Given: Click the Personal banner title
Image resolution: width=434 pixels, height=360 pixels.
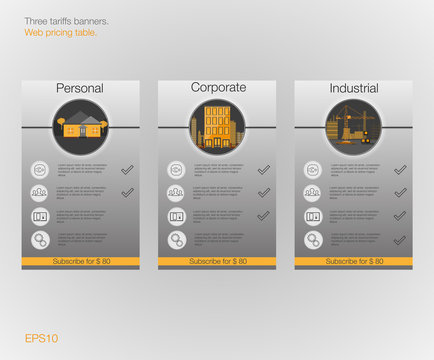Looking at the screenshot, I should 80,89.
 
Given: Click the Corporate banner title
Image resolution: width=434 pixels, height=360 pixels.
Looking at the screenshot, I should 218,88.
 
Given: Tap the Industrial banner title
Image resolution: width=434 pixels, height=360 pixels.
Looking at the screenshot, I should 354,89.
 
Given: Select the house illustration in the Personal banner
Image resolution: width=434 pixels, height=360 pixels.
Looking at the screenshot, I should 80,127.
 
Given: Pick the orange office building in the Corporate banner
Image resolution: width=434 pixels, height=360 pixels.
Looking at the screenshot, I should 217,127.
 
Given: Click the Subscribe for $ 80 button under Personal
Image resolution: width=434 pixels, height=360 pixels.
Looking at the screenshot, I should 80,260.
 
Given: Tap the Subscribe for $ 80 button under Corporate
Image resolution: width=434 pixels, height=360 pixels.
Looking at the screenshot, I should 217,260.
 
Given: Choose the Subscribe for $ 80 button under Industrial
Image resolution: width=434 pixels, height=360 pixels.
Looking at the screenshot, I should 353,260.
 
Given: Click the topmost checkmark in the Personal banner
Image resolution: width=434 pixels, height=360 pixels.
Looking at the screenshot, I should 127,169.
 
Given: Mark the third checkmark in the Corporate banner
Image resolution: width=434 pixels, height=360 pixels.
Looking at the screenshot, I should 264,215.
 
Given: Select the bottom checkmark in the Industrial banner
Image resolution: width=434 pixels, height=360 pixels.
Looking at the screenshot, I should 400,239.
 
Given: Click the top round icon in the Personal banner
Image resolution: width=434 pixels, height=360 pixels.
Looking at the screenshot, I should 40,170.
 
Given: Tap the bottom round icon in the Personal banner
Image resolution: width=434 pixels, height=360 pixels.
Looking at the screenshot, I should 40,240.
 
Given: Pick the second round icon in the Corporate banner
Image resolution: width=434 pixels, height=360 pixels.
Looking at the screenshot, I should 176,193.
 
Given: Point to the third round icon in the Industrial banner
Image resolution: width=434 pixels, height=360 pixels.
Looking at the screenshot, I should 313,216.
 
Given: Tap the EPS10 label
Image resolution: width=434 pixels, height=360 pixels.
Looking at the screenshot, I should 42,337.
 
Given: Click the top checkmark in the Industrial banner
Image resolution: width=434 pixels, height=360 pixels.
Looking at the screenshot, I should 400,169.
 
